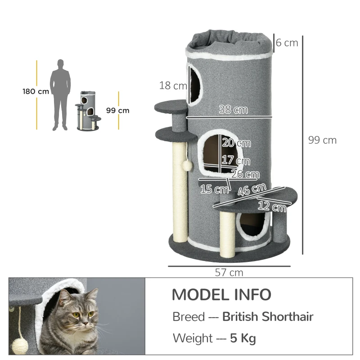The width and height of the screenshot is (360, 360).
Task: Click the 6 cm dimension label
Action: [287, 43]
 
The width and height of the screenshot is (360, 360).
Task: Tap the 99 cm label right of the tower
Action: [322, 140]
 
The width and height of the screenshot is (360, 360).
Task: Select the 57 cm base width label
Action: [229, 273]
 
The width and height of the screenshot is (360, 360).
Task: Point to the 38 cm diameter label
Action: [233, 109]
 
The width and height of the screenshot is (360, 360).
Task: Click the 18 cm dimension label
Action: [172, 85]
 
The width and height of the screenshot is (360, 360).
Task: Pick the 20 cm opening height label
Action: [236, 143]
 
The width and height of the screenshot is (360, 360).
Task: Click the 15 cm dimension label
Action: [214, 189]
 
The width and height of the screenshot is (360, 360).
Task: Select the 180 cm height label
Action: [36, 91]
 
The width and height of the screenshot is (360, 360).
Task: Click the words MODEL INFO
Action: [221, 295]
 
